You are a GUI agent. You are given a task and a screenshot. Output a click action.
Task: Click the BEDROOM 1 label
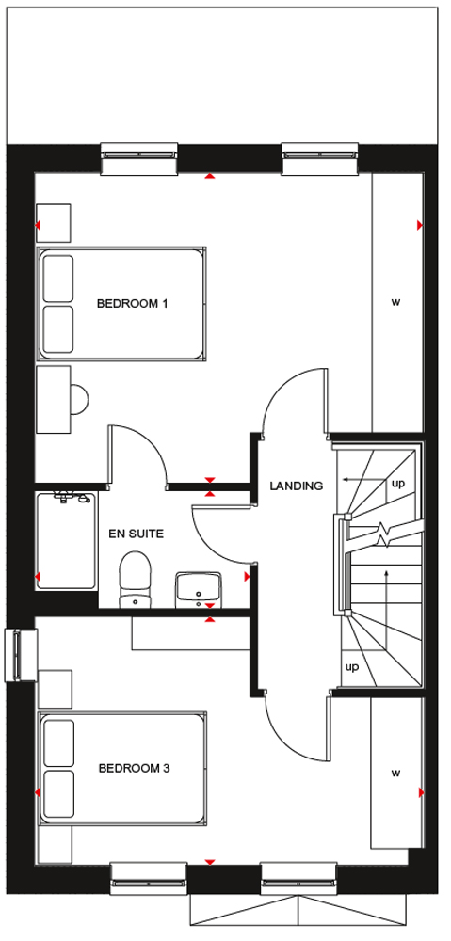(132, 304)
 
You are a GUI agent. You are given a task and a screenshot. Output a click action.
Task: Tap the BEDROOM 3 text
(134, 768)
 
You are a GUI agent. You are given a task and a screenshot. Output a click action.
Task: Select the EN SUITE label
(136, 533)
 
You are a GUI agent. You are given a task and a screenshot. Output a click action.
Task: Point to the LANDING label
(296, 486)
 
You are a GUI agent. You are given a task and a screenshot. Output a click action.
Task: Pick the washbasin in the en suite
(198, 589)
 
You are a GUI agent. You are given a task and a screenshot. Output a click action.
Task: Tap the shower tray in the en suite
(66, 540)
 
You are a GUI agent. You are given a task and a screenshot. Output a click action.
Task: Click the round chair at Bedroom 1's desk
(79, 399)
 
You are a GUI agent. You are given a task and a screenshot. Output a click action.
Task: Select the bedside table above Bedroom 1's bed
(54, 223)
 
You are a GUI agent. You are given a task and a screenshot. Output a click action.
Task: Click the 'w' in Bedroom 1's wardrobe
(395, 302)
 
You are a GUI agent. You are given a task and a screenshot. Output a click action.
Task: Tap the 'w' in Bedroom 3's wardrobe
(395, 773)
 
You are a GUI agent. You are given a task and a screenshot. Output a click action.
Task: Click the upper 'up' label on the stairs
(398, 483)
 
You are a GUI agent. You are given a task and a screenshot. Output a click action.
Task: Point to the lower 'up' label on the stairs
(352, 667)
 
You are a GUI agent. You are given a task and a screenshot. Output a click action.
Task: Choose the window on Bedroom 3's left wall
(21, 655)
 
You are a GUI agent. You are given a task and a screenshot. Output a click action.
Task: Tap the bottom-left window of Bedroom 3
(149, 879)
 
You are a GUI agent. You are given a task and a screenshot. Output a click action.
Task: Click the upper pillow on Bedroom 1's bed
(58, 279)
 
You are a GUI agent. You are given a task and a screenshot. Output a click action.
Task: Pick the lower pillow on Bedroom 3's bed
(59, 793)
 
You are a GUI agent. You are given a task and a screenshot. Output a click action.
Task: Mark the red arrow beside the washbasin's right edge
(247, 577)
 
